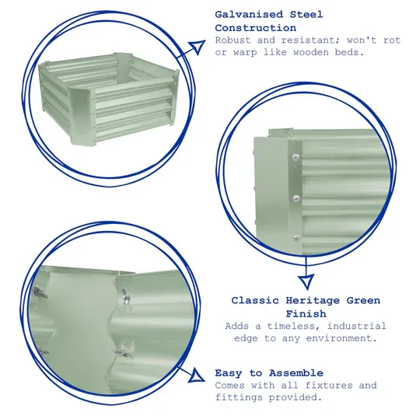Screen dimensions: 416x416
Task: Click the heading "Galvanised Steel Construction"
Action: click(x=268, y=21)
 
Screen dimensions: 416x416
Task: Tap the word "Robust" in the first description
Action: click(x=232, y=40)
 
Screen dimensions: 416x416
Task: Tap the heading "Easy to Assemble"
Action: click(x=268, y=373)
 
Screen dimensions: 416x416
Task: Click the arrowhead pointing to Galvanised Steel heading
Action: click(x=199, y=47)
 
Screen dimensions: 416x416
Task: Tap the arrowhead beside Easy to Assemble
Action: click(x=200, y=378)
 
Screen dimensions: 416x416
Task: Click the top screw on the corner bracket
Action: click(x=293, y=159)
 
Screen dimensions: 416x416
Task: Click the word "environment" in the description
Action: click(x=332, y=338)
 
